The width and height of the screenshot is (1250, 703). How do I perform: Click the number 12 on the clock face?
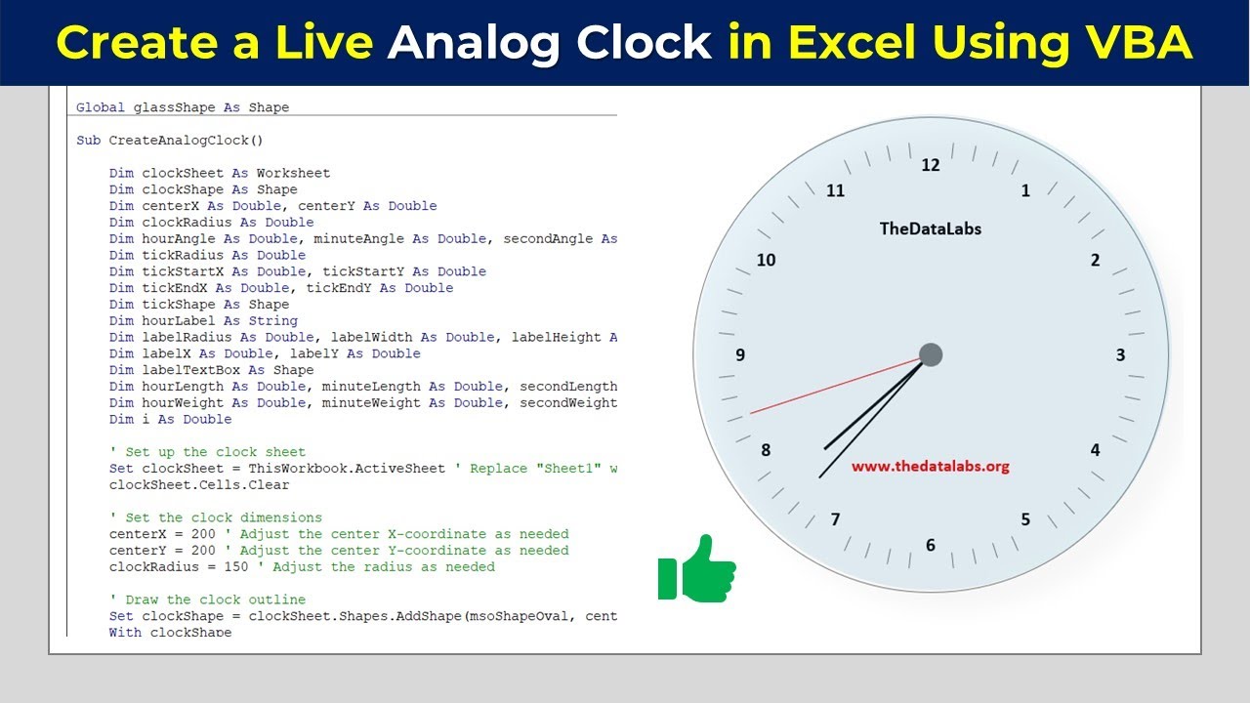(930, 165)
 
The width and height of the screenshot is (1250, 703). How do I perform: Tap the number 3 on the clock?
(1120, 355)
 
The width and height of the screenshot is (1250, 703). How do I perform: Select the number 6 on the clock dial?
(930, 545)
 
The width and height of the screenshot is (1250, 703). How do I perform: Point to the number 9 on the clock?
(740, 355)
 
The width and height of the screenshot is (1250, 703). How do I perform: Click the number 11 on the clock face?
(835, 190)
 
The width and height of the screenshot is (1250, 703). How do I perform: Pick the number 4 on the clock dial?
(1095, 450)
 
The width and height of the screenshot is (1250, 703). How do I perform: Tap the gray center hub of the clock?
(931, 354)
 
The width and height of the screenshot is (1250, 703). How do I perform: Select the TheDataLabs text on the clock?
(930, 228)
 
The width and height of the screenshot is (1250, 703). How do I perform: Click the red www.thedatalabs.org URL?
(930, 467)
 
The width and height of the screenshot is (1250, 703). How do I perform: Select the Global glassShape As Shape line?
(183, 107)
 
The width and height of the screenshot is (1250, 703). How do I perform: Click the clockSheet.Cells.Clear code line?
(199, 485)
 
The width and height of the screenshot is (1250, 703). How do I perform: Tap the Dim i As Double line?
(170, 419)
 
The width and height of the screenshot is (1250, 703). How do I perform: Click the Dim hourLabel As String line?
(203, 320)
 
